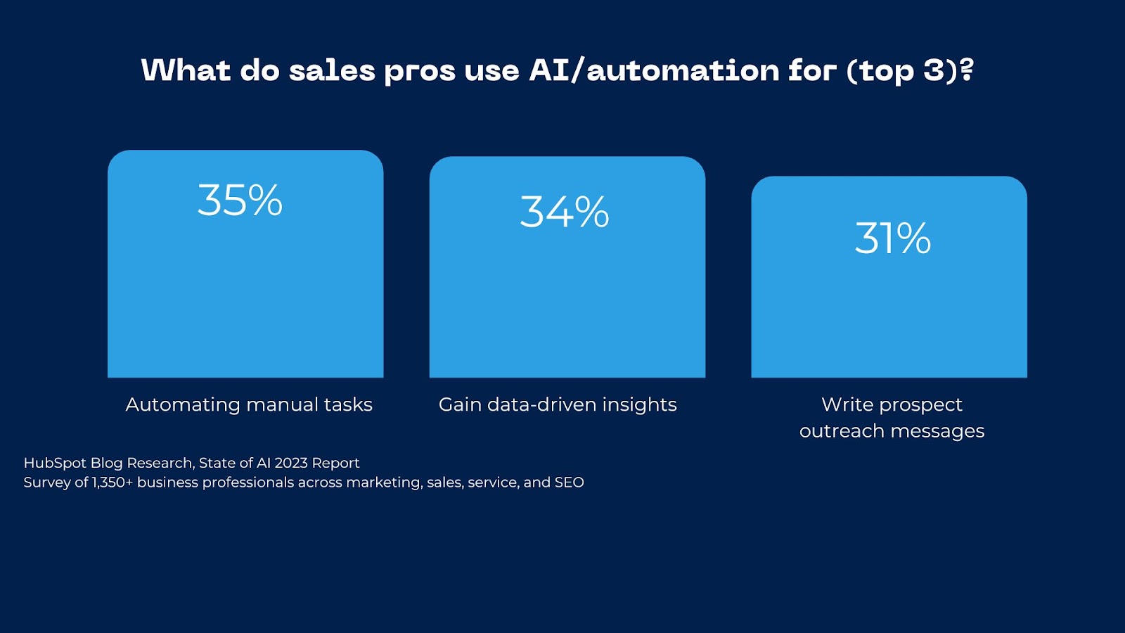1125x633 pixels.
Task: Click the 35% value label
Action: (x=240, y=200)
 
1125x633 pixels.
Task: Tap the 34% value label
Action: (x=564, y=212)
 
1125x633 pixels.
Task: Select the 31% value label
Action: (x=892, y=238)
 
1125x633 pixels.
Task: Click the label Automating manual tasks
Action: (x=249, y=404)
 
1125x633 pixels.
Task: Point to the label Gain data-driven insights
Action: (x=558, y=404)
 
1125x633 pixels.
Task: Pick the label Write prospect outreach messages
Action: (x=892, y=417)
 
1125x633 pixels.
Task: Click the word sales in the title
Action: (x=332, y=70)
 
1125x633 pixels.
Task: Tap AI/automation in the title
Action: (x=654, y=70)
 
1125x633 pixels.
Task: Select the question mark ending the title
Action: (x=967, y=70)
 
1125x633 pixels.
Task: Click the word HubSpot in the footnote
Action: (x=55, y=463)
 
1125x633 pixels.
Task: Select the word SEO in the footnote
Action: (x=569, y=482)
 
